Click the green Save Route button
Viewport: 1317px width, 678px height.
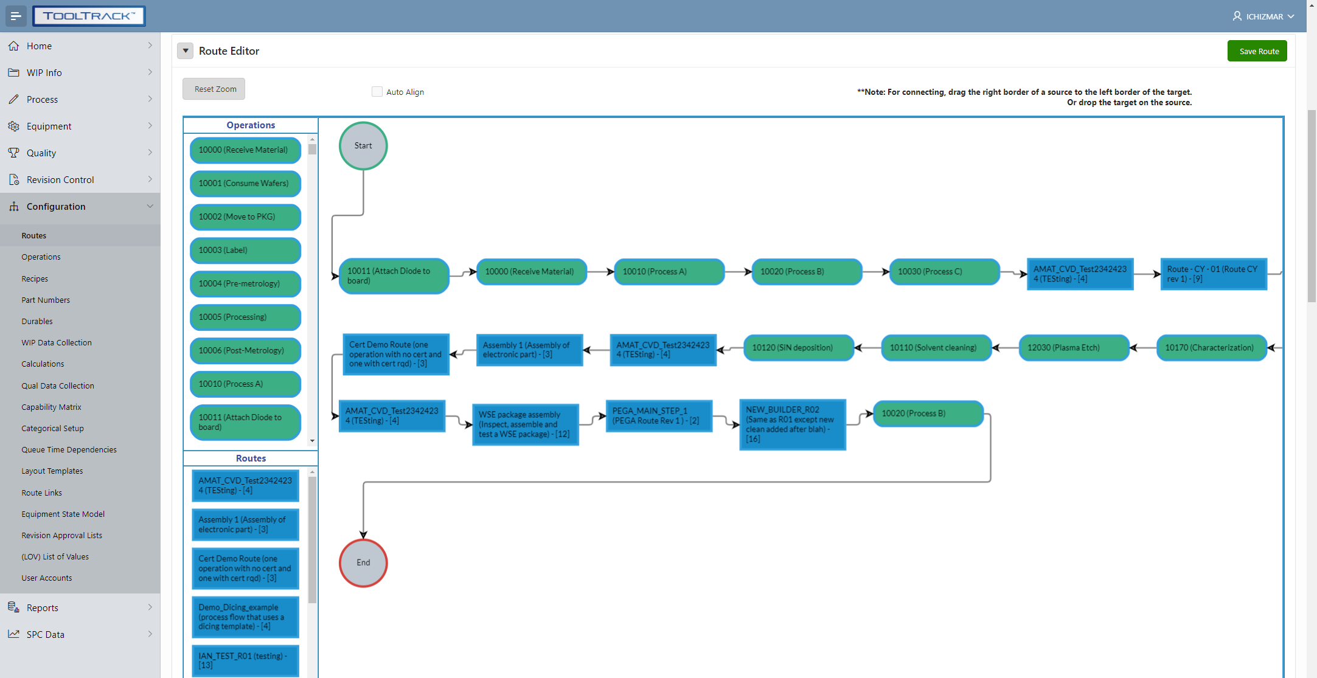pyautogui.click(x=1257, y=51)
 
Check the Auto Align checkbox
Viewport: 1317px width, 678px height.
pyautogui.click(x=377, y=92)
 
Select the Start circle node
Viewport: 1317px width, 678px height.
pyautogui.click(x=363, y=146)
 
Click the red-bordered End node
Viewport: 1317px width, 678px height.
pyautogui.click(x=363, y=562)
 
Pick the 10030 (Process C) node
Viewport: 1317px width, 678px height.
pyautogui.click(x=944, y=272)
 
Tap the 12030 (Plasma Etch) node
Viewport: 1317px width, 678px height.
pyautogui.click(x=1074, y=348)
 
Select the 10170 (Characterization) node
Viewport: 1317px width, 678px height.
pyautogui.click(x=1211, y=348)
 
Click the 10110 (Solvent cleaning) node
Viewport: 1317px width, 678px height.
pyautogui.click(x=936, y=348)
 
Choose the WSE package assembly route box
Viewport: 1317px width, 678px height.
pyautogui.click(x=525, y=424)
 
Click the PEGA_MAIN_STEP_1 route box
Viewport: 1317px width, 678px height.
pyautogui.click(x=659, y=416)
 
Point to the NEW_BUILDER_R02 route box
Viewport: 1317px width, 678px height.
pyautogui.click(x=792, y=424)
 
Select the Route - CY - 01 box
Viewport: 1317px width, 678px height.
pyautogui.click(x=1213, y=274)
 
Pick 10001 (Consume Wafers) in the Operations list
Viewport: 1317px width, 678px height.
pyautogui.click(x=245, y=184)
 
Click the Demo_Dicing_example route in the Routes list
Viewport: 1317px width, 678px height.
pyautogui.click(x=245, y=617)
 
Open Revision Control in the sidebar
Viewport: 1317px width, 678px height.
pyautogui.click(x=60, y=180)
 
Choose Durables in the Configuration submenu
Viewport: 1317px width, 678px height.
pyautogui.click(x=37, y=321)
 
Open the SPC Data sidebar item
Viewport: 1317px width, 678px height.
pyautogui.click(x=46, y=634)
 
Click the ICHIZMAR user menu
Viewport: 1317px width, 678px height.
pyautogui.click(x=1263, y=16)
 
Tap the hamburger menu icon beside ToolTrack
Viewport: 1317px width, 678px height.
pyautogui.click(x=16, y=16)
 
